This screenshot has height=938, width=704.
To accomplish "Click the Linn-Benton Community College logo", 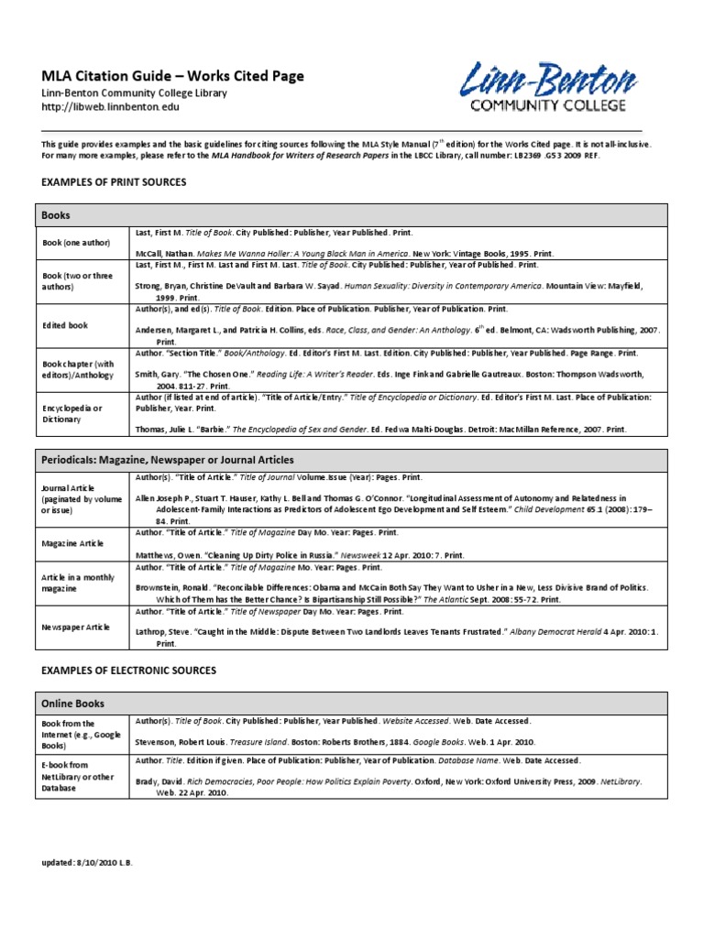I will [548, 87].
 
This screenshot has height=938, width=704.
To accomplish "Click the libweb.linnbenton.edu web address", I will [110, 107].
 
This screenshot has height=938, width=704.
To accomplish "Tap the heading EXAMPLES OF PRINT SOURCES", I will [114, 182].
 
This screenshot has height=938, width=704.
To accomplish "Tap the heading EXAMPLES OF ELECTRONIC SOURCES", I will [129, 671].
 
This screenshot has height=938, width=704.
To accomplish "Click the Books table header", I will [55, 215].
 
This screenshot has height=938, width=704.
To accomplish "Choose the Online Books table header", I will [73, 703].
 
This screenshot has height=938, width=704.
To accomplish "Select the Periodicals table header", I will [168, 458].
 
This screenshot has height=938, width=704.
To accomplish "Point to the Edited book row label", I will [65, 324].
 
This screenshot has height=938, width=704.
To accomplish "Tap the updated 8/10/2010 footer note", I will [87, 863].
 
